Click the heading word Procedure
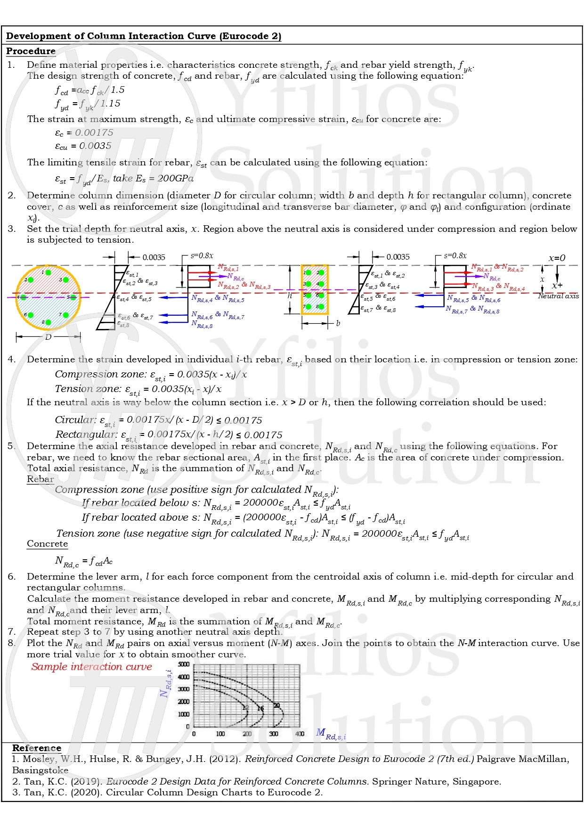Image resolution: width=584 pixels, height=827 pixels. click(31, 51)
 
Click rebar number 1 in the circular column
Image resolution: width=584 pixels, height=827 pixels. click(48, 272)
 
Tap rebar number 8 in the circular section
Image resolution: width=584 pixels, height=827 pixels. click(48, 323)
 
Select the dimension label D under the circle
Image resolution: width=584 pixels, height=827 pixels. click(48, 337)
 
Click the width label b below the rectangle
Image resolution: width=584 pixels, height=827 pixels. click(338, 323)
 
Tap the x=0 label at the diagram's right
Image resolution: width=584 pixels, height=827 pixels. click(557, 258)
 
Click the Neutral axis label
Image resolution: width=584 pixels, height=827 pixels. click(558, 296)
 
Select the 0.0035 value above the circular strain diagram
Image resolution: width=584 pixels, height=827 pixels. click(154, 257)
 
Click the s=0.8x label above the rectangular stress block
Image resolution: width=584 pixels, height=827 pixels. click(455, 255)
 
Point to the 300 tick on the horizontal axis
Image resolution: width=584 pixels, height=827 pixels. click(273, 734)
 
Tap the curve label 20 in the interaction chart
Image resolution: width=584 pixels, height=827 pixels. click(276, 705)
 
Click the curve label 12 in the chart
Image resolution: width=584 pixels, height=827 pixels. click(245, 708)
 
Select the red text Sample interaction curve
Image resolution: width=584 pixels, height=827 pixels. click(92, 667)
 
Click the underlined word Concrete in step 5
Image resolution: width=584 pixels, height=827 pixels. click(47, 544)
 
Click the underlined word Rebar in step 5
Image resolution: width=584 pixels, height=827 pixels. click(40, 479)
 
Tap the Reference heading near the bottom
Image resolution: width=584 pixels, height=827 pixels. click(37, 748)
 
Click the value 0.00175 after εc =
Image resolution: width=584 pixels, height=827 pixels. click(94, 133)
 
